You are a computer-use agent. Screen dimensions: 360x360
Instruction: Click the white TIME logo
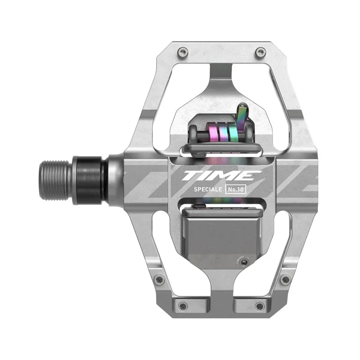(221, 175)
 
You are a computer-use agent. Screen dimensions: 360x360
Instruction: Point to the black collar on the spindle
(90, 180)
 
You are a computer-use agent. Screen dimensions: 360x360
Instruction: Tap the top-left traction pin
(181, 53)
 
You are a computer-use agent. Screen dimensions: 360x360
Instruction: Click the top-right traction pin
(259, 53)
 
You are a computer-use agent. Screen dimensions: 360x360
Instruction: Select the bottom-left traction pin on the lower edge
(182, 306)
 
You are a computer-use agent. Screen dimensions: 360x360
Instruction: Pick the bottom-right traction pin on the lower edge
(259, 306)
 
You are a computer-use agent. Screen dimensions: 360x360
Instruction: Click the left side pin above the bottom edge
(158, 279)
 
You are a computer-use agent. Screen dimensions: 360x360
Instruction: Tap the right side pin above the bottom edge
(284, 279)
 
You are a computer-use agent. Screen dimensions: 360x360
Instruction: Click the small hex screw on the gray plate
(244, 261)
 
